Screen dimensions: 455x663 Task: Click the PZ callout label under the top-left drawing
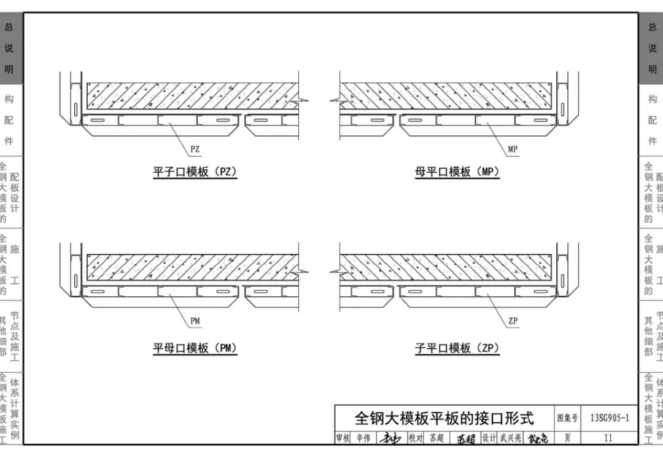(x=195, y=149)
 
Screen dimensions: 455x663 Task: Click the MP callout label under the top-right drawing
(x=513, y=149)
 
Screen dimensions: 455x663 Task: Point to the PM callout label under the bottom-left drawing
(x=195, y=321)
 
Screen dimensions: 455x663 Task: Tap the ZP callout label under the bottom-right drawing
(x=513, y=321)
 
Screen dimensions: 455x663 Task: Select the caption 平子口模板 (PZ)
(x=195, y=172)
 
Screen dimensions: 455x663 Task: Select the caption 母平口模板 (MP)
(x=457, y=172)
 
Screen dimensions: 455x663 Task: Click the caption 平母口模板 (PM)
(x=195, y=349)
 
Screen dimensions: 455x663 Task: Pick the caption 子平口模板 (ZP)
(x=457, y=349)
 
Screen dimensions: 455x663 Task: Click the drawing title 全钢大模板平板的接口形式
(x=444, y=419)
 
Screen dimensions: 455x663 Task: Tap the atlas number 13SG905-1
(x=609, y=419)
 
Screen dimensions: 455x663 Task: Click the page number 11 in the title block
(x=608, y=438)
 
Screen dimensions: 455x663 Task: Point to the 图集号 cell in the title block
(x=567, y=419)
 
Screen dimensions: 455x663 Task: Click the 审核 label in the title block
(x=343, y=438)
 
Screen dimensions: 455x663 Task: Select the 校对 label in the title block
(x=416, y=438)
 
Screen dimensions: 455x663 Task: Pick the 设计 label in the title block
(x=489, y=438)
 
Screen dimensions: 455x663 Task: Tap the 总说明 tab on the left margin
(x=9, y=48)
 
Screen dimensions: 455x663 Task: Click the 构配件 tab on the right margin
(x=653, y=120)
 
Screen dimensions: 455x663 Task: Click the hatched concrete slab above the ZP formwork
(x=448, y=267)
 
